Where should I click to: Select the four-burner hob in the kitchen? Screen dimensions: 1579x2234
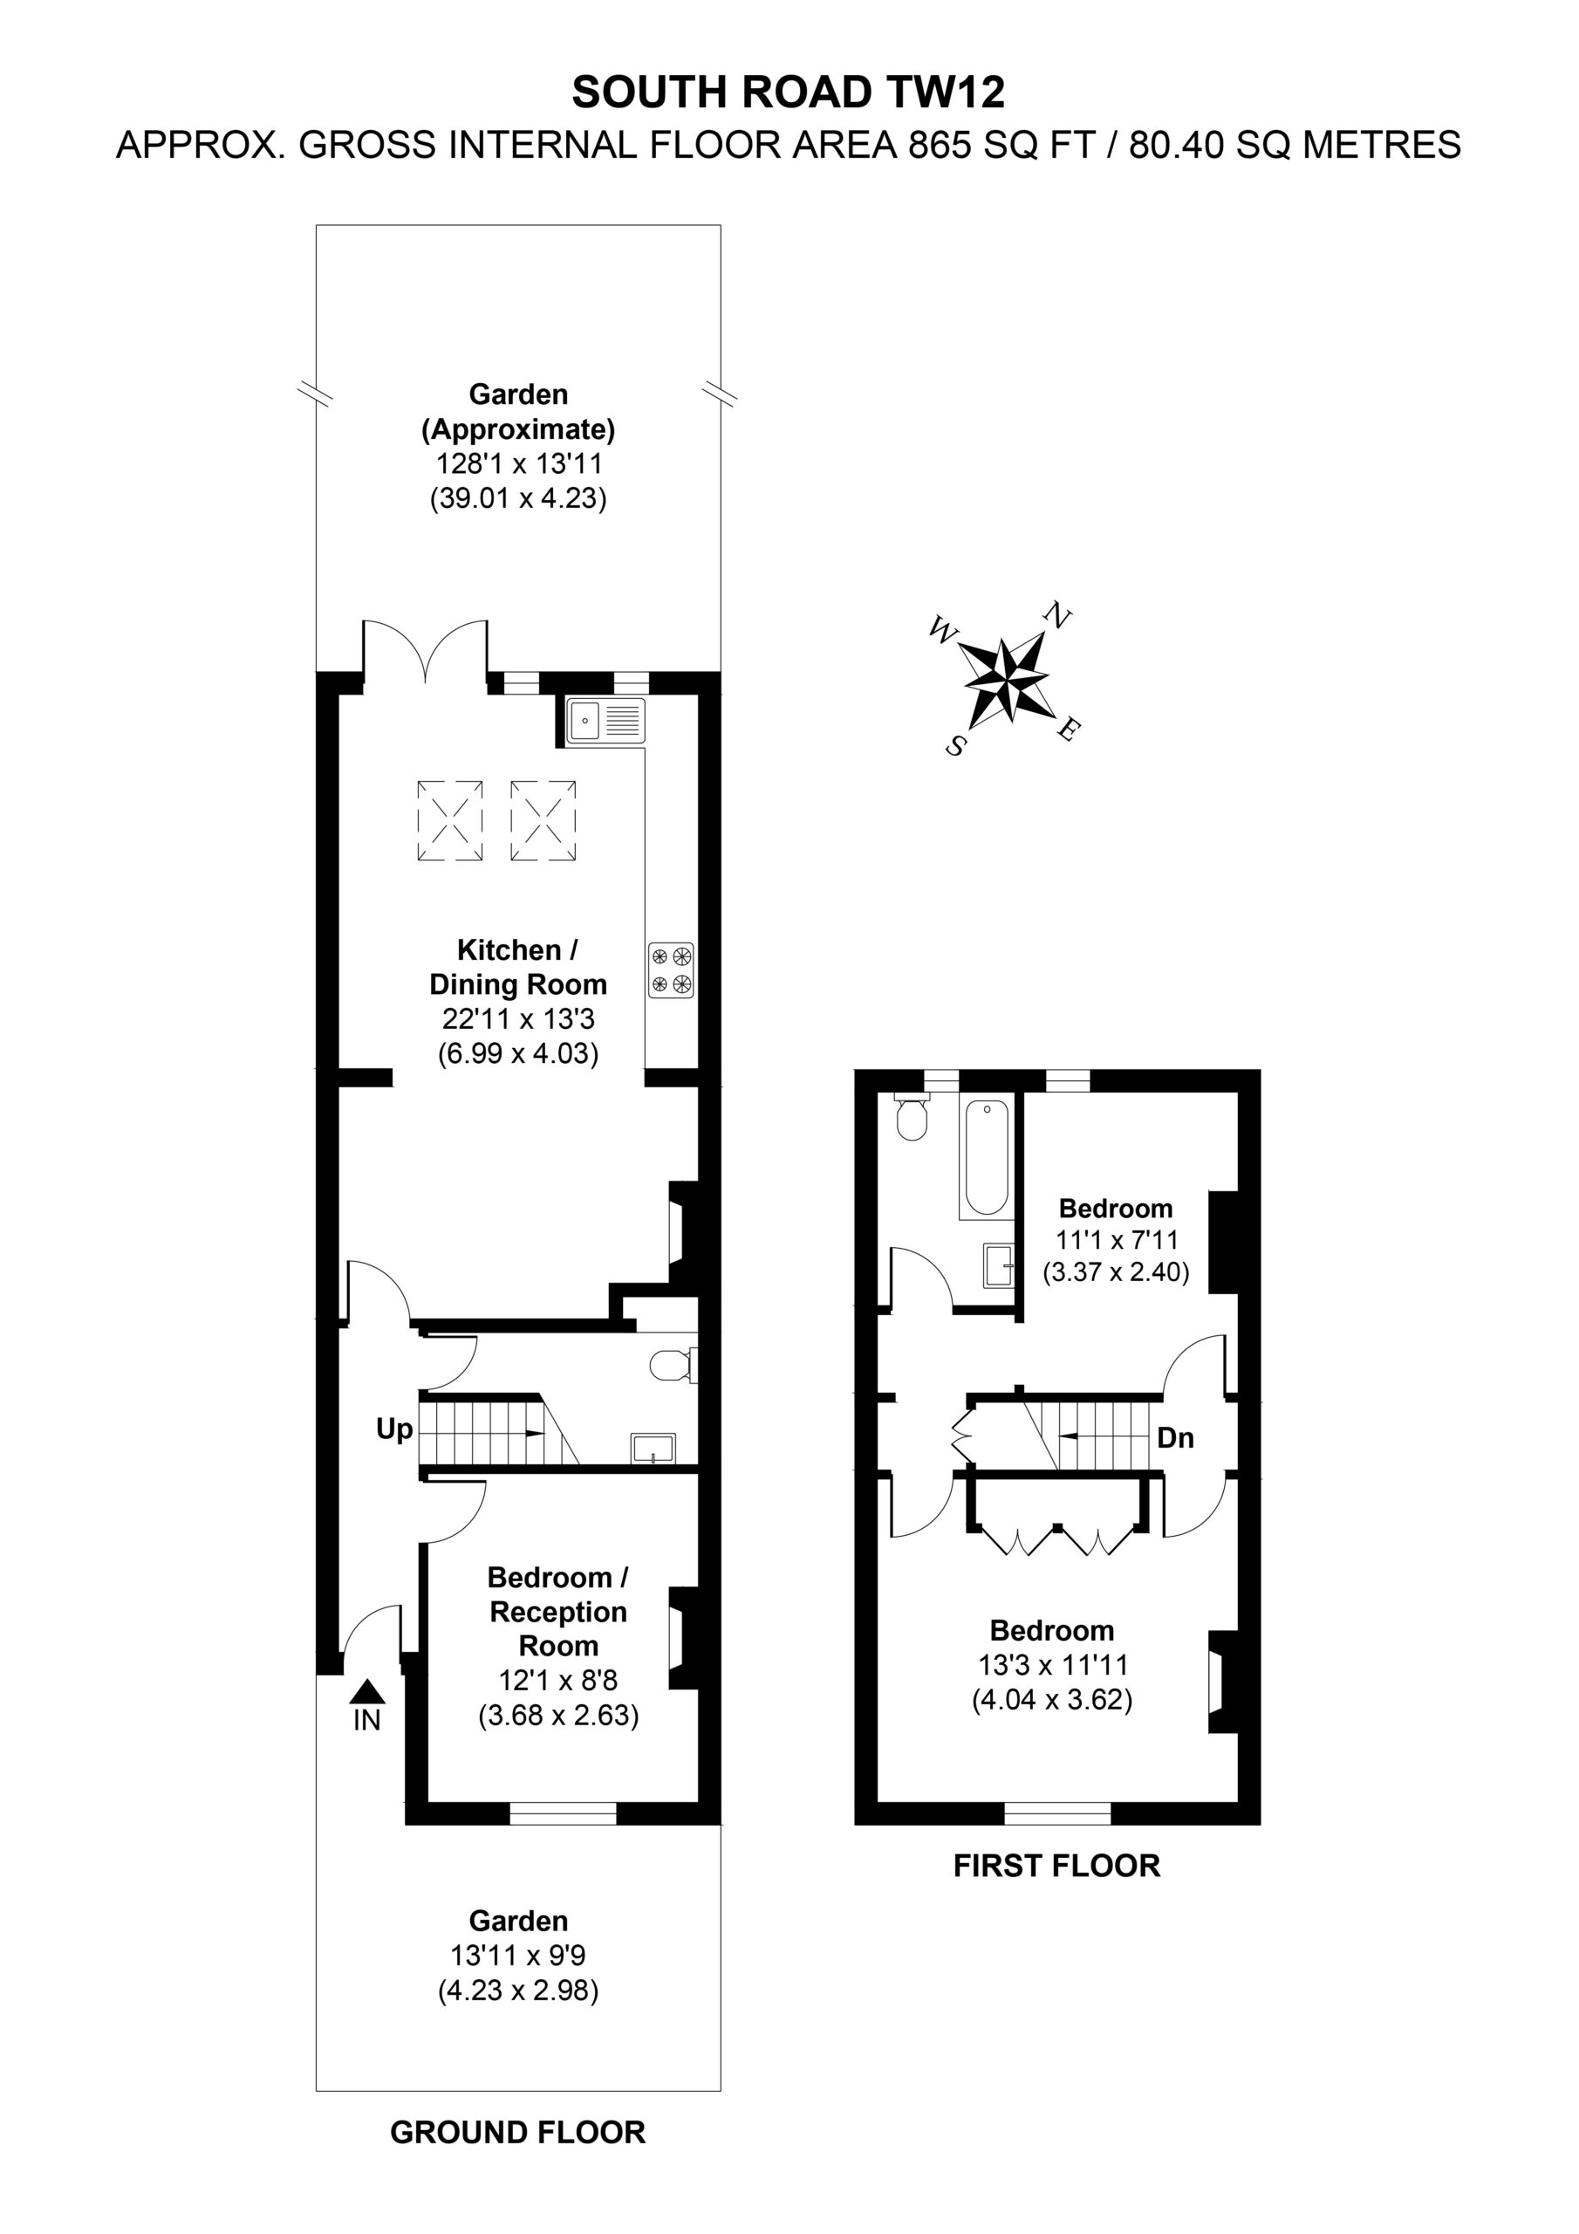pyautogui.click(x=672, y=970)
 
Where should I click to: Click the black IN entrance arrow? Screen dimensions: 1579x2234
pyautogui.click(x=366, y=1692)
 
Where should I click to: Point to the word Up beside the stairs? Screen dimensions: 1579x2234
pyautogui.click(x=394, y=1429)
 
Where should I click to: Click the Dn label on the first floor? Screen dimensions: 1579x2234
pyautogui.click(x=1175, y=1438)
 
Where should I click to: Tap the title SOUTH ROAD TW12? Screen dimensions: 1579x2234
pyautogui.click(x=788, y=93)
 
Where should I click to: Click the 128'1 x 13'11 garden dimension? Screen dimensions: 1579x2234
pyautogui.click(x=517, y=463)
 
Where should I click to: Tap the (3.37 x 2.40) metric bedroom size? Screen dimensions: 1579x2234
pyautogui.click(x=1116, y=1271)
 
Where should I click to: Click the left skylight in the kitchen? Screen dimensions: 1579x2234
pyautogui.click(x=450, y=820)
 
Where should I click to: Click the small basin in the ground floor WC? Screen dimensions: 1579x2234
pyautogui.click(x=653, y=1449)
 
